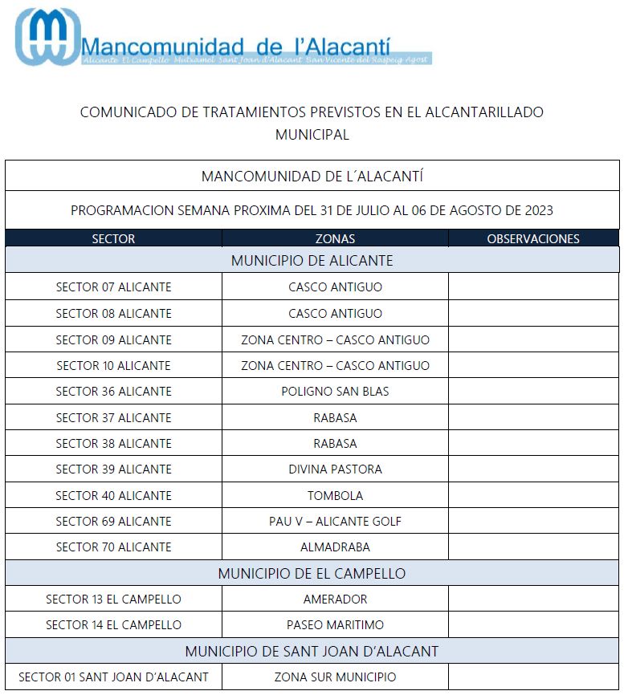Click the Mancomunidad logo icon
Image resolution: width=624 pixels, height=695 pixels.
pos(47,37)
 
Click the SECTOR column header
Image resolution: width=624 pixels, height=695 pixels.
pos(113,238)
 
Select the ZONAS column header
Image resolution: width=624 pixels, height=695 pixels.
pos(335,238)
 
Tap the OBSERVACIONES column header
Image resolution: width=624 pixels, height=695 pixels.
pos(533,238)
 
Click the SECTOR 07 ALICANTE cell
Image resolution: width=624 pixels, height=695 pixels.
pos(113,287)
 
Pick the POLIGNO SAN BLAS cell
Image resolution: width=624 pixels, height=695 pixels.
pos(335,392)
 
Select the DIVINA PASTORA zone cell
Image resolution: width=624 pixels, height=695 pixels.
pos(335,469)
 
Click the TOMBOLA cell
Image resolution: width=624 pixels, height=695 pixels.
pos(335,495)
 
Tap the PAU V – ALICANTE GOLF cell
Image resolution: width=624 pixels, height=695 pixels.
pos(335,522)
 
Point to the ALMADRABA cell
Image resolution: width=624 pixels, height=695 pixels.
pos(335,547)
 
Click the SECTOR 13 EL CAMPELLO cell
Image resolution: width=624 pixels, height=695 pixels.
pos(113,599)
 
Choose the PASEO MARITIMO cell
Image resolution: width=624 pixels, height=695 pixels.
pos(335,625)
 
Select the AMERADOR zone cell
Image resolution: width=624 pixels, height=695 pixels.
pos(335,599)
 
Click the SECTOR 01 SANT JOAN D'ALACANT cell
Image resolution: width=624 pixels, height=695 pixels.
pos(113,677)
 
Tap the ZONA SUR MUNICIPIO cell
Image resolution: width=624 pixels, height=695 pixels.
pos(335,677)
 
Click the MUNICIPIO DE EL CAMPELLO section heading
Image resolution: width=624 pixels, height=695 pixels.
pos(312,574)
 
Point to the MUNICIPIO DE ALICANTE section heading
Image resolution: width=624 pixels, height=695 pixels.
pos(312,261)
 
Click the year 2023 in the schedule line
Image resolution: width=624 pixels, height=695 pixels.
pos(538,211)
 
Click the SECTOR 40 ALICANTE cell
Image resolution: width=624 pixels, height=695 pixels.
pos(113,495)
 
